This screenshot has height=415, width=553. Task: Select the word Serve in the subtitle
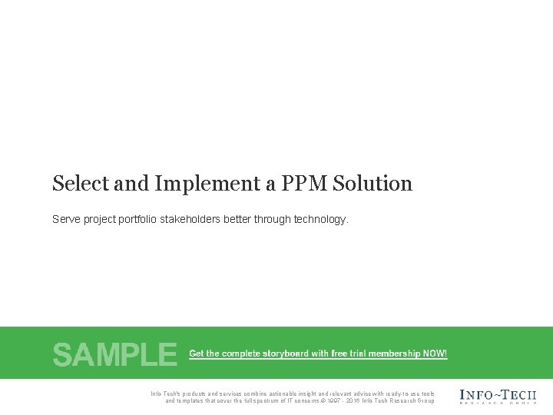pyautogui.click(x=66, y=219)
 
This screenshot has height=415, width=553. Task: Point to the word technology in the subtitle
pyautogui.click(x=321, y=219)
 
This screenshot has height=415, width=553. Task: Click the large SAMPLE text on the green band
pyautogui.click(x=114, y=354)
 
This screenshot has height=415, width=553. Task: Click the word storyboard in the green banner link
pyautogui.click(x=285, y=354)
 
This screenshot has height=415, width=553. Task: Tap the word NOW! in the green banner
pyautogui.click(x=434, y=354)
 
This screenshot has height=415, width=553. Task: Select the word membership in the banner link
pyautogui.click(x=393, y=354)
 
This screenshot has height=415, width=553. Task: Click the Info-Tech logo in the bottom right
pyautogui.click(x=498, y=396)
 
